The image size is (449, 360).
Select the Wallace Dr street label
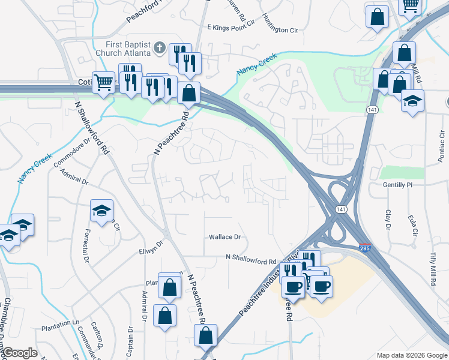[x=224, y=237]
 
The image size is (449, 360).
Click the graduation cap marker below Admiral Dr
[x=101, y=211]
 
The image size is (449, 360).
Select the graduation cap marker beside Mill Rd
[x=412, y=100]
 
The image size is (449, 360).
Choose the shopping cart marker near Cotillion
[x=104, y=82]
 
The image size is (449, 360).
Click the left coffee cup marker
[x=293, y=286]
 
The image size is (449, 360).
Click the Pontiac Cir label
[x=441, y=144]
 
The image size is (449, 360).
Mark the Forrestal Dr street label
[x=86, y=252]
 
